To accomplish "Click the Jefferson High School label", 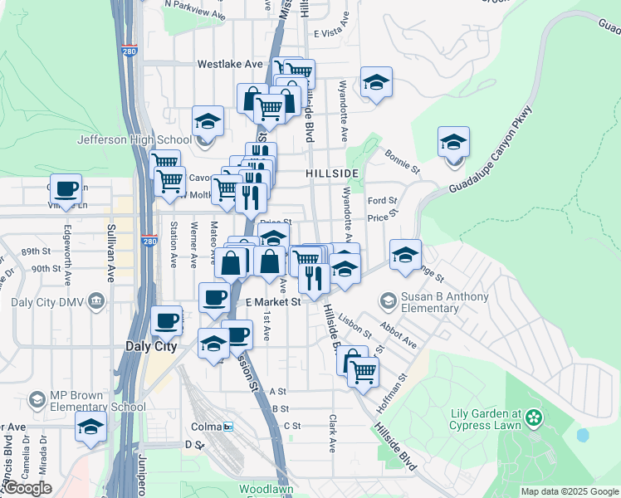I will [x=134, y=139].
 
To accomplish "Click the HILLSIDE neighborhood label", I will [x=331, y=173].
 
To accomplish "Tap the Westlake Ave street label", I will [x=230, y=64].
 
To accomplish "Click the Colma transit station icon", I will [x=228, y=427].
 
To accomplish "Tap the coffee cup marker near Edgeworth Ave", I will [x=66, y=188].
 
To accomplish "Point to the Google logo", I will [x=27, y=489].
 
